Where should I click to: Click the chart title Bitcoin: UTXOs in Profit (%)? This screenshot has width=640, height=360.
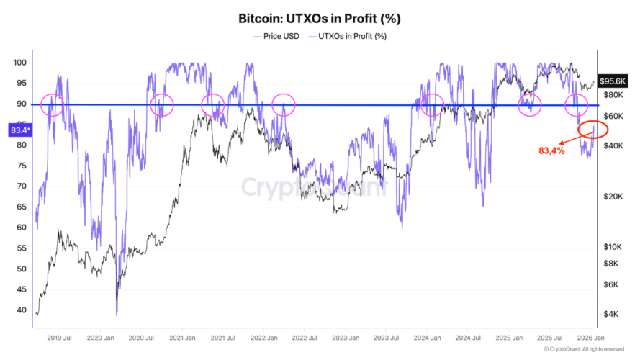(320, 17)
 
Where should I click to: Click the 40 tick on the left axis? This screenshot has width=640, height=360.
(22, 310)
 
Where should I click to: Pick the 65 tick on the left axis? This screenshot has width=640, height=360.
(22, 207)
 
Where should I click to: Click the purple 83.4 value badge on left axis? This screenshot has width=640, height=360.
(19, 130)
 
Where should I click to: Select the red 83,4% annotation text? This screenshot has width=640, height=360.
(552, 151)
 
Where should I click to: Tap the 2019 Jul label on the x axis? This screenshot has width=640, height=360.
(58, 336)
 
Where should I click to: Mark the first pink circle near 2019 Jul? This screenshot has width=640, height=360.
(53, 105)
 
